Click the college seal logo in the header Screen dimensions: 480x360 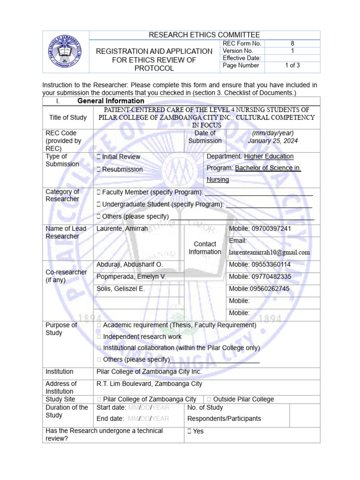[x=68, y=52]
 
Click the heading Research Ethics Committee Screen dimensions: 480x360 [x=204, y=35]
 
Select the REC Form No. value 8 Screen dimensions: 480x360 [x=292, y=43]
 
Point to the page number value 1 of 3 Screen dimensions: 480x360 [x=292, y=66]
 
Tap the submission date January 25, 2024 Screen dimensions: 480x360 [x=273, y=141]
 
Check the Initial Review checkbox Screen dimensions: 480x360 [x=98, y=157]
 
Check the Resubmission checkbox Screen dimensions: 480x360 [x=98, y=170]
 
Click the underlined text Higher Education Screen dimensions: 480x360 [x=269, y=157]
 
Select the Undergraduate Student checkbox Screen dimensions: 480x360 [x=98, y=204]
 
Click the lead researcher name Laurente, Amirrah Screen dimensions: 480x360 [x=122, y=229]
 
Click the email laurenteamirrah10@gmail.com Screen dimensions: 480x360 [x=269, y=252]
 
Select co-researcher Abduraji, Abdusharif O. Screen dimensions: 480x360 [x=129, y=265]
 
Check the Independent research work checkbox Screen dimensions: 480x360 [x=98, y=337]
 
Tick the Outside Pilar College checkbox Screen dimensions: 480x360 [x=209, y=399]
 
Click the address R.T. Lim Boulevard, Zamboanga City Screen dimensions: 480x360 [x=149, y=384]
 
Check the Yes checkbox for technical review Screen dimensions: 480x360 [x=189, y=431]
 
